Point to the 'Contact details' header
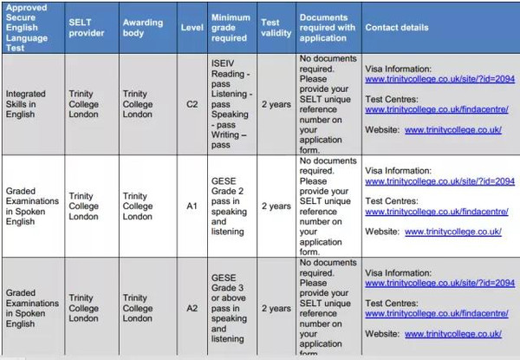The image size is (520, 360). [x=396, y=27]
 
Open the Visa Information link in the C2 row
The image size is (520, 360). [x=439, y=79]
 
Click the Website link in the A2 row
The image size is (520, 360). [x=452, y=333]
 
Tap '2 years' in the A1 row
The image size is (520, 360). [x=276, y=206]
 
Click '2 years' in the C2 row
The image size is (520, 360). [x=276, y=105]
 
